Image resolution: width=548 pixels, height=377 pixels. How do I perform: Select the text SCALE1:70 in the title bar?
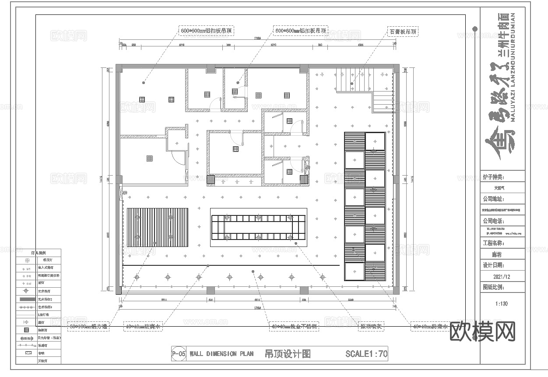[x=366, y=354]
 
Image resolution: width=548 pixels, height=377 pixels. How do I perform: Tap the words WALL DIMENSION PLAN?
[x=221, y=354]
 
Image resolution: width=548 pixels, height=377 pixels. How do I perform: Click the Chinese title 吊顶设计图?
[x=288, y=354]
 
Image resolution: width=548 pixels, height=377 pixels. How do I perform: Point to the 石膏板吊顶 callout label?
[x=402, y=32]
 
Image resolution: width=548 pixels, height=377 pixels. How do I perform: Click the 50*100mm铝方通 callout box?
[x=89, y=326]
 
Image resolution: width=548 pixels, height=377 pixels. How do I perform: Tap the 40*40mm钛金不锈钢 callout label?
[x=294, y=326]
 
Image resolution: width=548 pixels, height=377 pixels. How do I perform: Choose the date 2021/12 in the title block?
[x=502, y=277]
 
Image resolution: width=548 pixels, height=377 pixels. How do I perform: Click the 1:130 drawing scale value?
[x=502, y=303]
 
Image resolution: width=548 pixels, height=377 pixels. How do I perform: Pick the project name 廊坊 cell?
[x=502, y=254]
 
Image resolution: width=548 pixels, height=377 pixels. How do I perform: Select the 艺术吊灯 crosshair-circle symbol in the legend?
[x=27, y=291]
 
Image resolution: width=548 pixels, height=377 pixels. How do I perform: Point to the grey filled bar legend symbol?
[x=27, y=299]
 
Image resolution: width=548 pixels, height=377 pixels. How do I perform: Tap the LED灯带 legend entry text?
[x=44, y=315]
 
